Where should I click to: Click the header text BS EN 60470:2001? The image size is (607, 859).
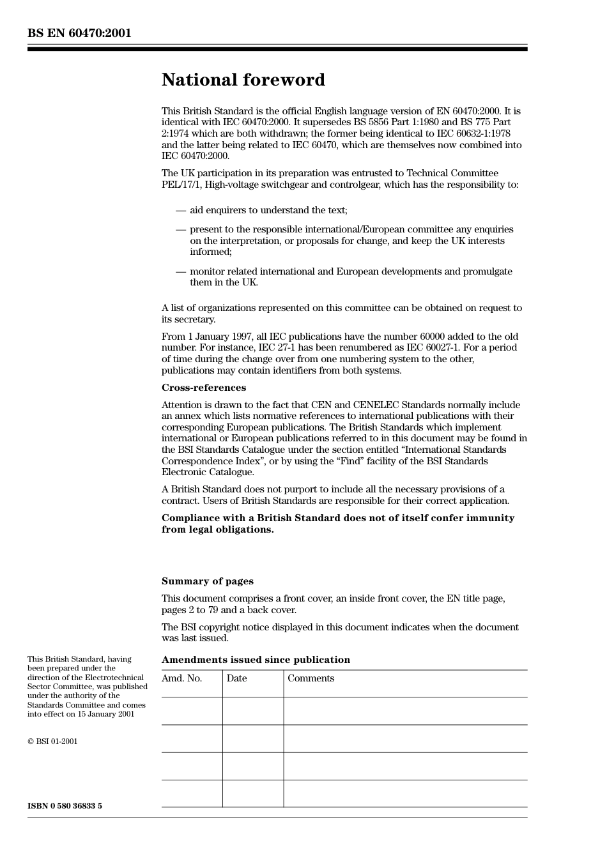(x=79, y=33)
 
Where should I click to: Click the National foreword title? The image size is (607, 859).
(x=243, y=80)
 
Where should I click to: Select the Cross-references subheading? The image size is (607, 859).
(x=203, y=388)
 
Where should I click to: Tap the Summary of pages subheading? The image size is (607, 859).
(x=207, y=581)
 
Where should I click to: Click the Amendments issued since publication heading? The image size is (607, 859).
(x=256, y=660)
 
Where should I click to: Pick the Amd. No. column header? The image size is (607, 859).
(x=181, y=678)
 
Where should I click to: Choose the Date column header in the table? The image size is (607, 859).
(x=236, y=678)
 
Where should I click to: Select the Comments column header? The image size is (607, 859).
(x=311, y=678)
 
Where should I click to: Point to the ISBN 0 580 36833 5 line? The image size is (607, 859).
(x=65, y=806)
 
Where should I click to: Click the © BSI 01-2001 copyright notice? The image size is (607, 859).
(x=52, y=741)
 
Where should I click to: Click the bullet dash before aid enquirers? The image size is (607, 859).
(x=181, y=210)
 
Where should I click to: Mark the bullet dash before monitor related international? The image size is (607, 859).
(x=181, y=271)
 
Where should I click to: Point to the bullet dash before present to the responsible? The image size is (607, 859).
(x=181, y=229)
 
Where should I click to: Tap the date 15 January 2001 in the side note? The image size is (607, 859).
(x=106, y=714)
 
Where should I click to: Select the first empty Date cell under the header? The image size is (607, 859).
(x=253, y=711)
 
